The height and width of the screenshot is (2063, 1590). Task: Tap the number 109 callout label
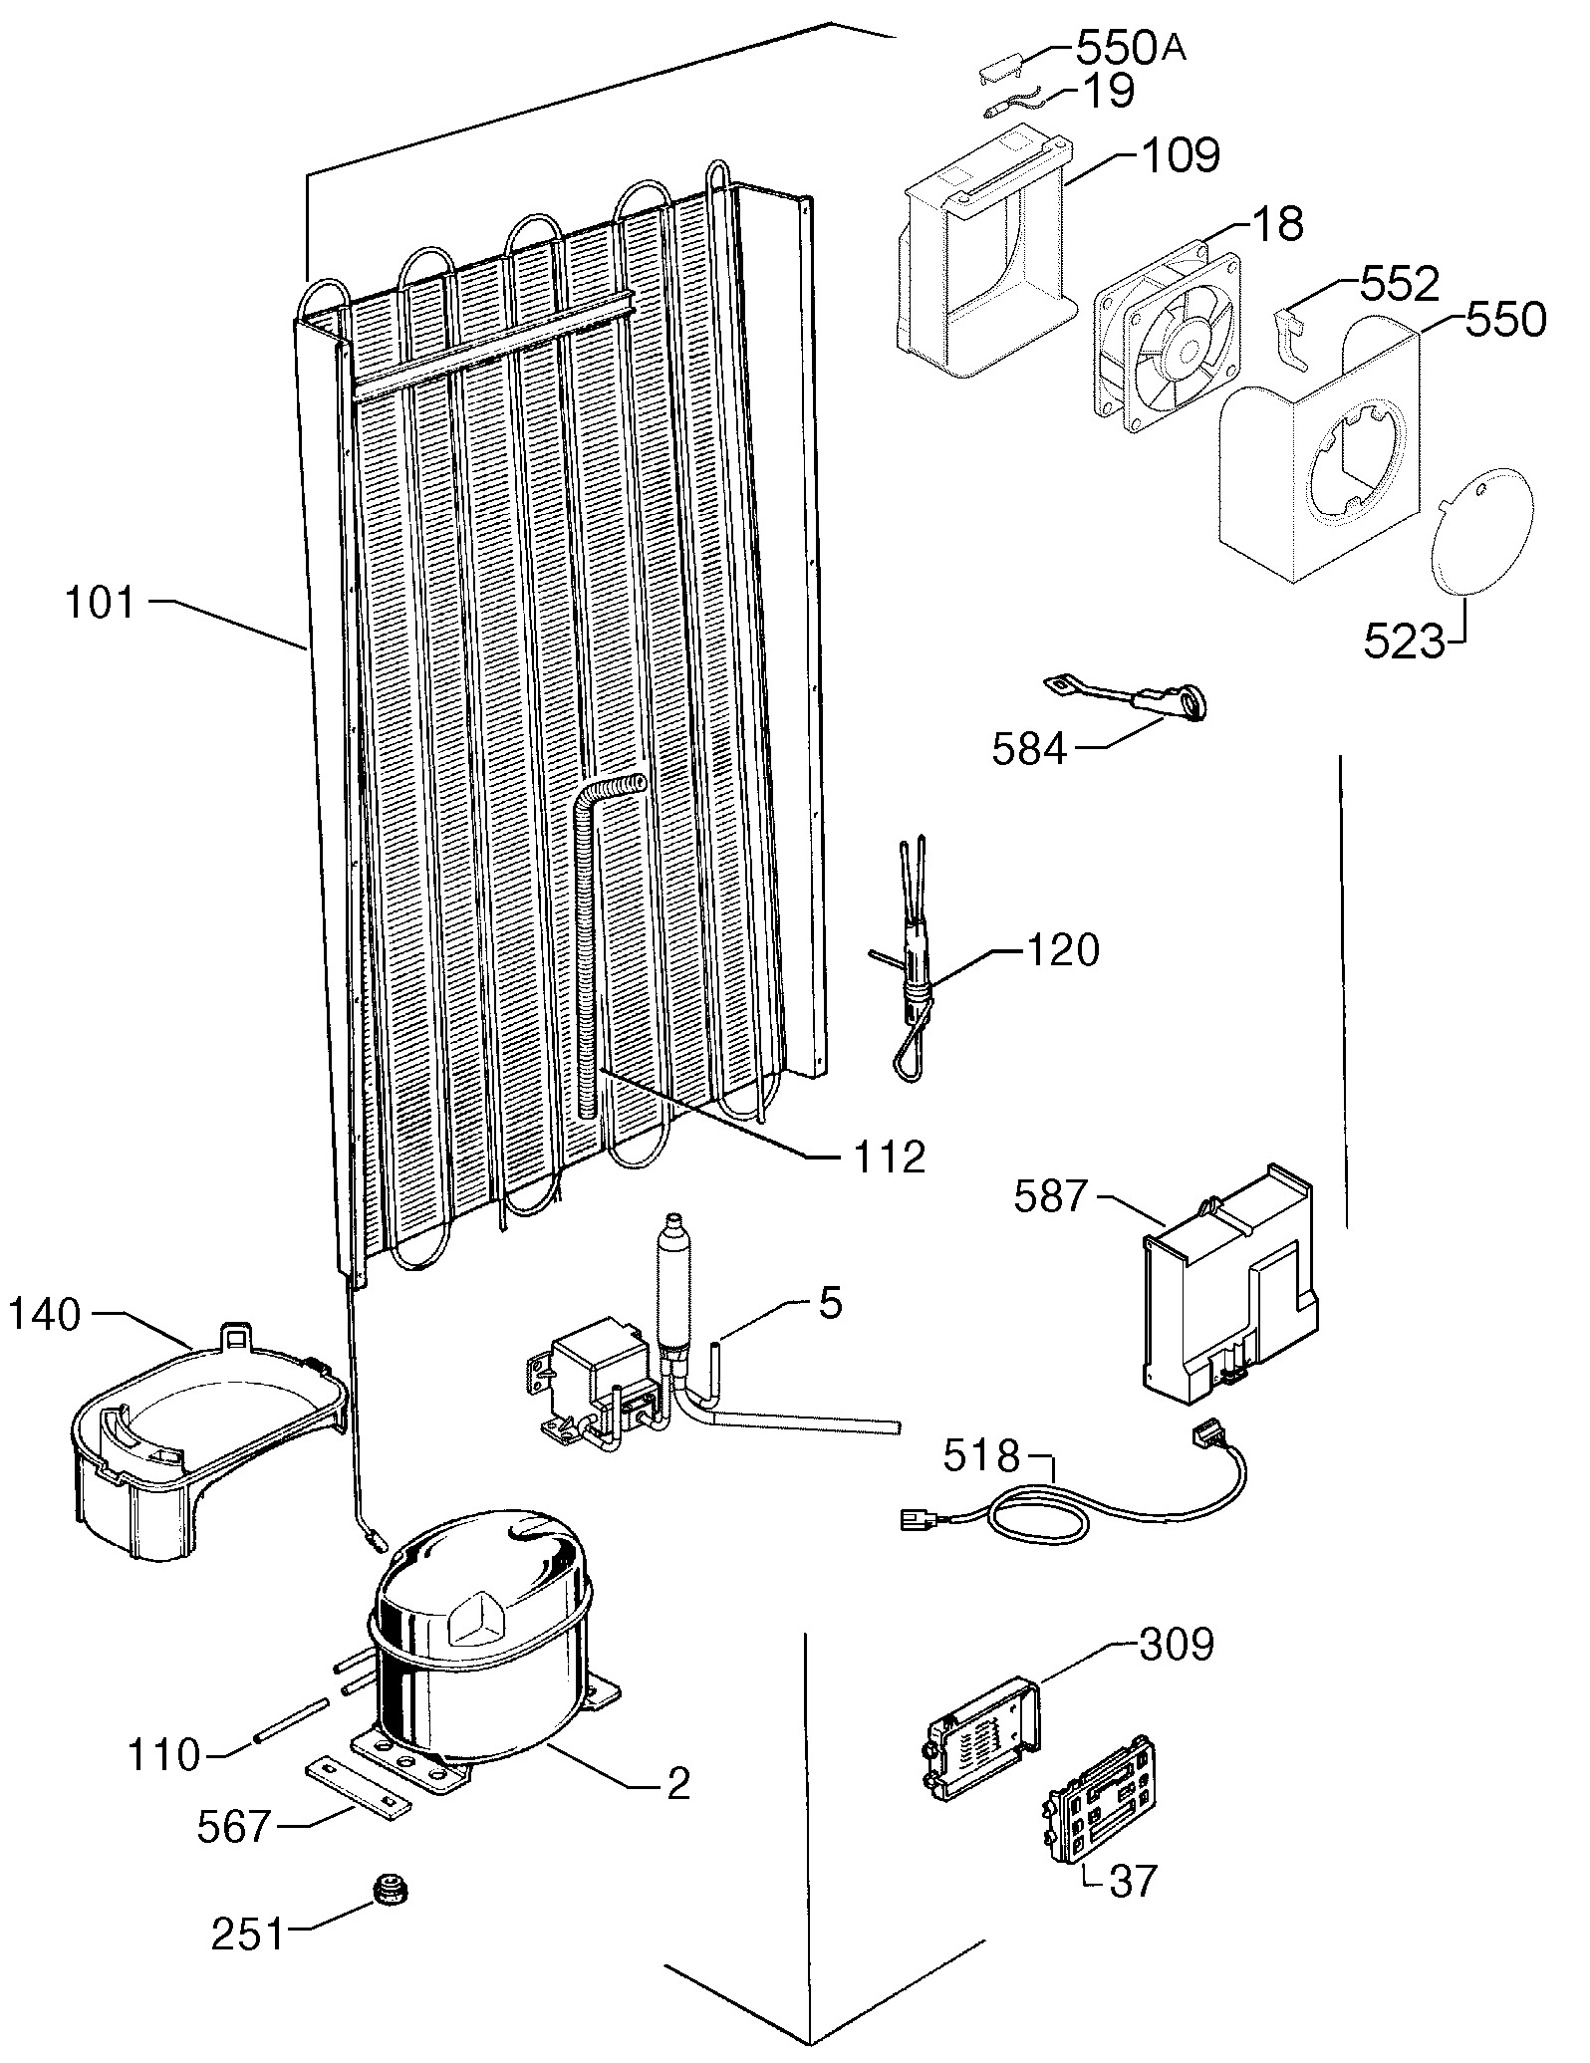pyautogui.click(x=1181, y=155)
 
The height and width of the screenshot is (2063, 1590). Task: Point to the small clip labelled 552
pyautogui.click(x=1294, y=338)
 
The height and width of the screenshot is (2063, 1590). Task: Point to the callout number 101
pyautogui.click(x=101, y=604)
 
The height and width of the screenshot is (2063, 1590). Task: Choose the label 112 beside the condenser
pyautogui.click(x=890, y=1158)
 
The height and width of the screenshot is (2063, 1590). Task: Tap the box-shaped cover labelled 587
pyautogui.click(x=1227, y=1287)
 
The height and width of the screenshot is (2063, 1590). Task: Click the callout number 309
pyautogui.click(x=1176, y=1645)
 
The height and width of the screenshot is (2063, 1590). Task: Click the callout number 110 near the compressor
pyautogui.click(x=164, y=1755)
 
